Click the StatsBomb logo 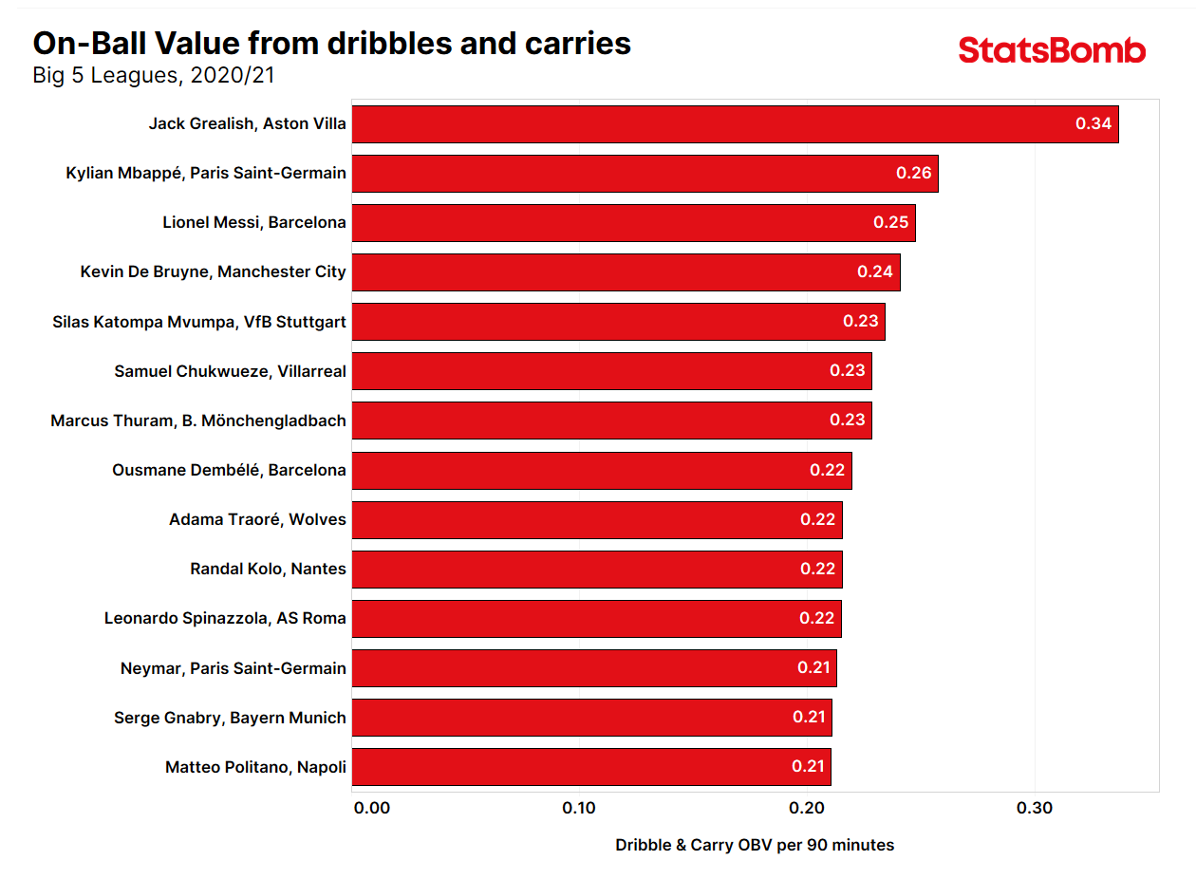click(x=1052, y=50)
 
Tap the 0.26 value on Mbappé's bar click(x=914, y=174)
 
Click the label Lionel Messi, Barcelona click(x=254, y=223)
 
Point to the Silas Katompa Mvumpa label click(x=199, y=322)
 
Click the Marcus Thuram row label click(x=198, y=421)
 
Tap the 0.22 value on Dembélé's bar click(x=828, y=470)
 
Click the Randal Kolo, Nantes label click(x=269, y=569)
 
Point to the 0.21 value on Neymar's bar click(x=813, y=667)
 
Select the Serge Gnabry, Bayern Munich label click(x=230, y=718)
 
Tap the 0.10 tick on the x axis click(x=579, y=809)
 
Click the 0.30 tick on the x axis click(x=1035, y=809)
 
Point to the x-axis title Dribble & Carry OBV click(x=755, y=845)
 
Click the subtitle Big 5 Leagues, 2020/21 click(x=154, y=76)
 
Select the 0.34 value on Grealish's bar click(x=1093, y=124)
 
